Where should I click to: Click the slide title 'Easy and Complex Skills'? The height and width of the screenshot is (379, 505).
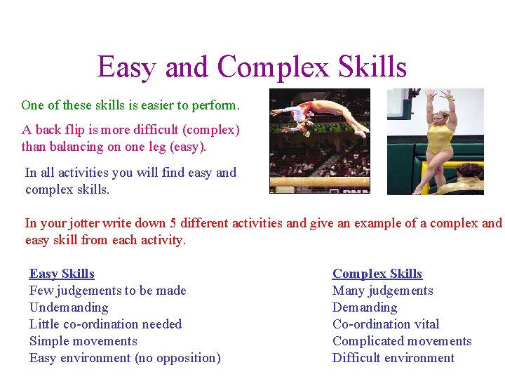pos(252,67)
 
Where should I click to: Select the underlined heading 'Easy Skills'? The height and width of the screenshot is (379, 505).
pos(62,274)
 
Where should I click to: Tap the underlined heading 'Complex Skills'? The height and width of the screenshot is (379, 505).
pos(377,274)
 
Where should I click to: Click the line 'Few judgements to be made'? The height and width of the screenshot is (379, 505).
pos(107,291)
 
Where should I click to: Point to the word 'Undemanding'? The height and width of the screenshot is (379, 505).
pos(69,307)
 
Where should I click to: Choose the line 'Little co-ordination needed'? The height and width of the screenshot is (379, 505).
pos(105,324)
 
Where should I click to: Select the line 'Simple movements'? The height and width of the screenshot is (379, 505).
pos(83,341)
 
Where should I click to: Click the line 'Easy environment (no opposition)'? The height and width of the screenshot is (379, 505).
pos(125,358)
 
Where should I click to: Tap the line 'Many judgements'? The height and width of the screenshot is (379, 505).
pos(382,291)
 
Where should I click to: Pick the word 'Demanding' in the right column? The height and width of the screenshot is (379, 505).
pos(364,307)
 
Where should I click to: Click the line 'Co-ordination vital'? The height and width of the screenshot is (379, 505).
pos(386,324)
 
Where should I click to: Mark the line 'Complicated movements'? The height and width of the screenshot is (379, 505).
pos(402,341)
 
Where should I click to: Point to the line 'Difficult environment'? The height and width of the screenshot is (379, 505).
pos(393,358)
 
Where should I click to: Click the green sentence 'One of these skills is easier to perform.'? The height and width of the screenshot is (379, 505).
pos(130,105)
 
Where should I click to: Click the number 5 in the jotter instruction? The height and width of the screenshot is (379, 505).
pos(173,223)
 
